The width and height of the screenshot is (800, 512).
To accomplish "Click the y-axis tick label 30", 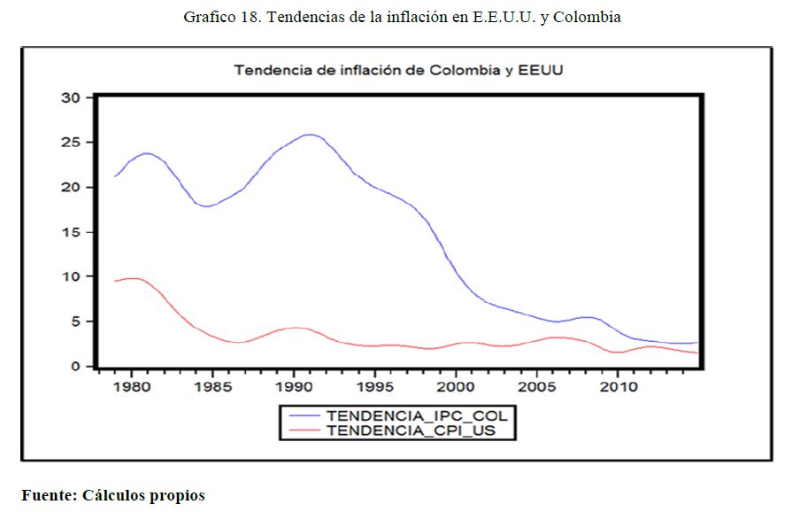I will [x=71, y=97].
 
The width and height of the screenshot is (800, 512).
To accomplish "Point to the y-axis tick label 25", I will [x=71, y=143].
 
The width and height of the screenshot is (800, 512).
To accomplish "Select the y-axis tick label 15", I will [x=71, y=232].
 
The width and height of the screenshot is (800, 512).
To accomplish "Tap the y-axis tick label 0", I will [x=75, y=366].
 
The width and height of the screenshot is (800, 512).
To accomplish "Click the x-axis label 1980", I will [x=131, y=387].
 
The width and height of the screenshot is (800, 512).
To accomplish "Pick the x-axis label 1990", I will [x=294, y=387].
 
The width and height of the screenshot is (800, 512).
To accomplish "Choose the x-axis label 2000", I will [x=456, y=387].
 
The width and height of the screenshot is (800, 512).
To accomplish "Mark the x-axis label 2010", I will [x=618, y=387].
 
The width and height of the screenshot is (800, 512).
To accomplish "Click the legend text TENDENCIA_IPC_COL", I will [x=419, y=415].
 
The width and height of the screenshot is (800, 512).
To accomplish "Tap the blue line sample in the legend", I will [x=303, y=415].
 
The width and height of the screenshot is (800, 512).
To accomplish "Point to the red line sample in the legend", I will [x=303, y=431].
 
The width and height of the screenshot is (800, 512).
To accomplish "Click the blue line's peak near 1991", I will [x=309, y=135].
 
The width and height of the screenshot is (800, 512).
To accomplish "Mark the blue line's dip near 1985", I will [x=207, y=206].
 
